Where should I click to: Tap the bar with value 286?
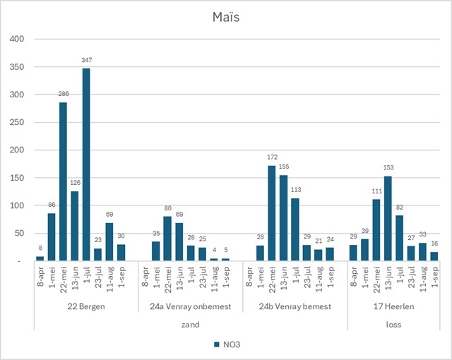pos(63,181)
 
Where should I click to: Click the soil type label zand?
pos(190,324)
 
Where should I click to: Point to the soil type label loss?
pos(398,324)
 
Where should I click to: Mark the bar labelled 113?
pos(295,230)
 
